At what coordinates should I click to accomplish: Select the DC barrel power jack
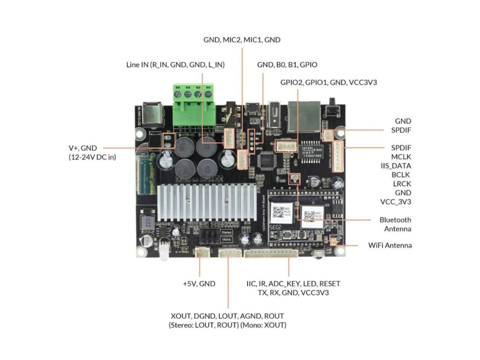pos(154,113)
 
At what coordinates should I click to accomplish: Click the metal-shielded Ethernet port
pos(303,116)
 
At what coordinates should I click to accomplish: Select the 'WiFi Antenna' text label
pos(390,245)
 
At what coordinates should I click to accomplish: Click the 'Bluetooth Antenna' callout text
pos(395,224)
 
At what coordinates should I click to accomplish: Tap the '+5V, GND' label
pos(199,284)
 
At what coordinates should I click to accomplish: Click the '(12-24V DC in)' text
pos(92,157)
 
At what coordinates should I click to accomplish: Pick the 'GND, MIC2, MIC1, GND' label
pos(242,40)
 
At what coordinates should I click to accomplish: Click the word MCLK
pos(401,157)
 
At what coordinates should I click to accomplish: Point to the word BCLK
pos(401,174)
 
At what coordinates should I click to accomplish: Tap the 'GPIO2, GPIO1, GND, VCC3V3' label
pos(329,82)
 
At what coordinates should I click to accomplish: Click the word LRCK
pos(402,183)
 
